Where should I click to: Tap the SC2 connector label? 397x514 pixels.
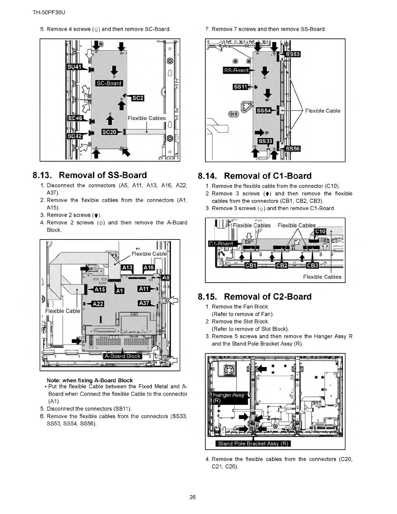[138, 98]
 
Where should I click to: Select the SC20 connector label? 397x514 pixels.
[109, 132]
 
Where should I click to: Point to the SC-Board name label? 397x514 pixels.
[109, 83]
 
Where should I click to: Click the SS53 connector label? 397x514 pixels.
[293, 54]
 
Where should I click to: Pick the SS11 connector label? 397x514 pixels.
[240, 87]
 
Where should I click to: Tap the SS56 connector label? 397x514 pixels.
[293, 149]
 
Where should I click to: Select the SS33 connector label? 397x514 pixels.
[265, 141]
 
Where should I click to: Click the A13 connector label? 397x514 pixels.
[127, 268]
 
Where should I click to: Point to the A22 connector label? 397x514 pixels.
[98, 304]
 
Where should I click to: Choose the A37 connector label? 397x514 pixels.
[144, 303]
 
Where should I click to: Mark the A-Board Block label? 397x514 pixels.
[122, 356]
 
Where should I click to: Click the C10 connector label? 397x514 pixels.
[320, 232]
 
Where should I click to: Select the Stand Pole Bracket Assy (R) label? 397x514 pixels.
[253, 444]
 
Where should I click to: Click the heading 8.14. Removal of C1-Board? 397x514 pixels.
[255, 176]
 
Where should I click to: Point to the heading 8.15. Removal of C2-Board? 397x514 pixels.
[255, 297]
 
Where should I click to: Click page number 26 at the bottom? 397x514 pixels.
[193, 497]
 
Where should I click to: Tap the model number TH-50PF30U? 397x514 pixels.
[47, 13]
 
